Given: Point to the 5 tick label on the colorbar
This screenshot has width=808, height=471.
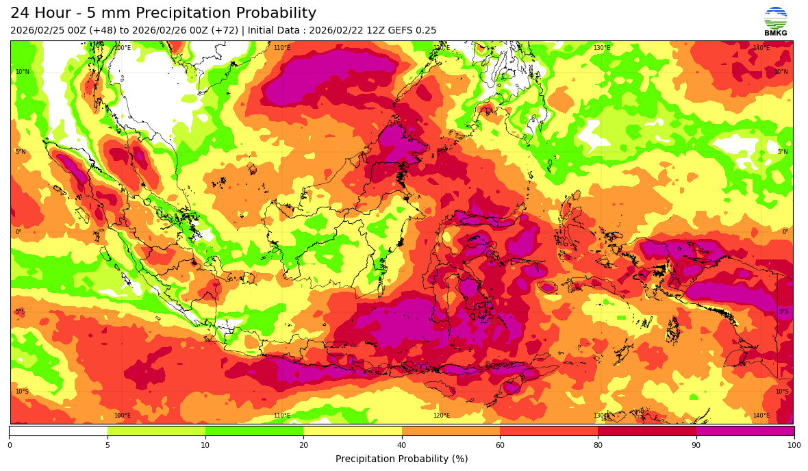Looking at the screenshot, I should (108, 446).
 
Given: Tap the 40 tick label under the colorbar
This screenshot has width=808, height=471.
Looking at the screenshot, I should (402, 446).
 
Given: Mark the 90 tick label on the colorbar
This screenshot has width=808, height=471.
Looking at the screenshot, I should (696, 446).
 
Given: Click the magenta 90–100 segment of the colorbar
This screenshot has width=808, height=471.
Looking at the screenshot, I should (745, 431).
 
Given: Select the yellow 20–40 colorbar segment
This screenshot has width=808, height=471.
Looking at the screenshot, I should (353, 431).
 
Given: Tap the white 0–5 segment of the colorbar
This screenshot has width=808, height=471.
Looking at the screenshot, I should (58, 431).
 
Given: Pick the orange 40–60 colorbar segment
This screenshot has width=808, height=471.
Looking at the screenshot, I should (451, 431).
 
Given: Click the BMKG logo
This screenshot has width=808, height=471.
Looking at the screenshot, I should (775, 21).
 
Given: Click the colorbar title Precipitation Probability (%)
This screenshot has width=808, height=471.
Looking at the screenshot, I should (402, 459).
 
